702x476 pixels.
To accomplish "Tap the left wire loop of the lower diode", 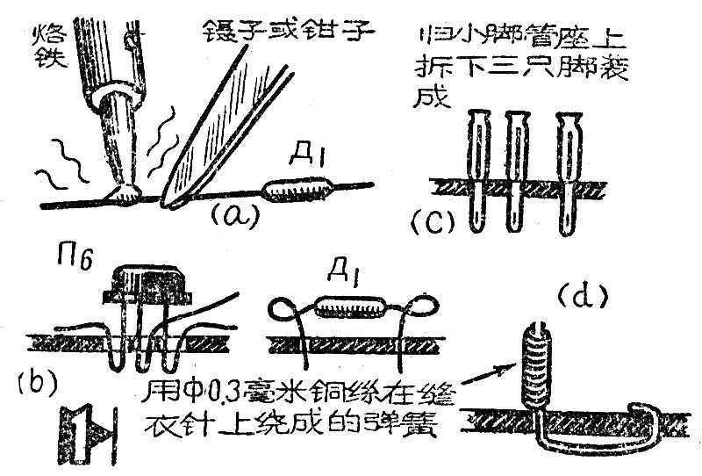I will pyautogui.click(x=287, y=308).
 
